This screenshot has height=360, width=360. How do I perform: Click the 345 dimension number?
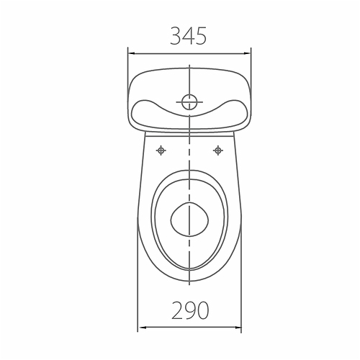point(189,36)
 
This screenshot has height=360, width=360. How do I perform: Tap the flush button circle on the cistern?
point(189,102)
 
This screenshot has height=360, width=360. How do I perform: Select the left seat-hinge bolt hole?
point(161,150)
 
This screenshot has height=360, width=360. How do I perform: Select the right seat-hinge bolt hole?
point(218,150)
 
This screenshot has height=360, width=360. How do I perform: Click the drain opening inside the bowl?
point(189,220)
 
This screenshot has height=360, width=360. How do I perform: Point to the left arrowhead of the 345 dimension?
point(132,53)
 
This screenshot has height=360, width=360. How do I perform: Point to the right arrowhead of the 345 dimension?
point(247,53)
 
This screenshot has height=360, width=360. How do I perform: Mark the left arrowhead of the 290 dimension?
point(142,328)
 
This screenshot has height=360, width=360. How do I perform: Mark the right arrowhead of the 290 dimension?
point(238,328)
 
